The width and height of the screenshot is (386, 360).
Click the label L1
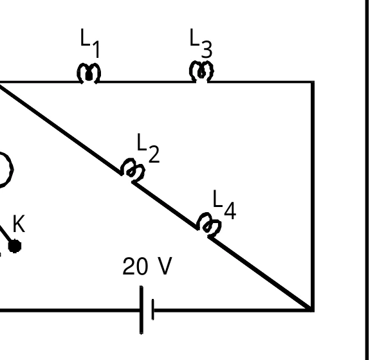coord(90,43)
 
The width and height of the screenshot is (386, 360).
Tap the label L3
coord(201,43)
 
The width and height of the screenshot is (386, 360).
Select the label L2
coord(148,148)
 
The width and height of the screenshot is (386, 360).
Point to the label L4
coord(224,204)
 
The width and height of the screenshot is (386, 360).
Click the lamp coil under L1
coord(89,73)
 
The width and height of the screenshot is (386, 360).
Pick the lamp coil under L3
coord(201,71)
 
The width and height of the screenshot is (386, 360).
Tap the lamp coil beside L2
coord(133,170)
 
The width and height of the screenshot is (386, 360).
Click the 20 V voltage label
coord(147,266)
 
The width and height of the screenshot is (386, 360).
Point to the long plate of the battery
coord(142,310)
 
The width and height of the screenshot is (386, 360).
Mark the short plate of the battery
coord(153,309)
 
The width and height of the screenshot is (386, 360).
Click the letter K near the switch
coord(19,224)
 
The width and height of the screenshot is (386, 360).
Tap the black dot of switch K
coord(15,246)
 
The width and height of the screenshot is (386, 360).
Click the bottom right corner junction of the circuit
coord(312,310)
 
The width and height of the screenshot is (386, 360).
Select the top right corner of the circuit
coord(313,82)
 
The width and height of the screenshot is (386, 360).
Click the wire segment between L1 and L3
coord(145,82)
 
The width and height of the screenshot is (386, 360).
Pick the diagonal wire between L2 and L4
coord(165,206)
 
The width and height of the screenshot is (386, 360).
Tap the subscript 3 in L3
coord(207,50)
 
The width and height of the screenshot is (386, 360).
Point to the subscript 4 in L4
coord(230,211)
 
